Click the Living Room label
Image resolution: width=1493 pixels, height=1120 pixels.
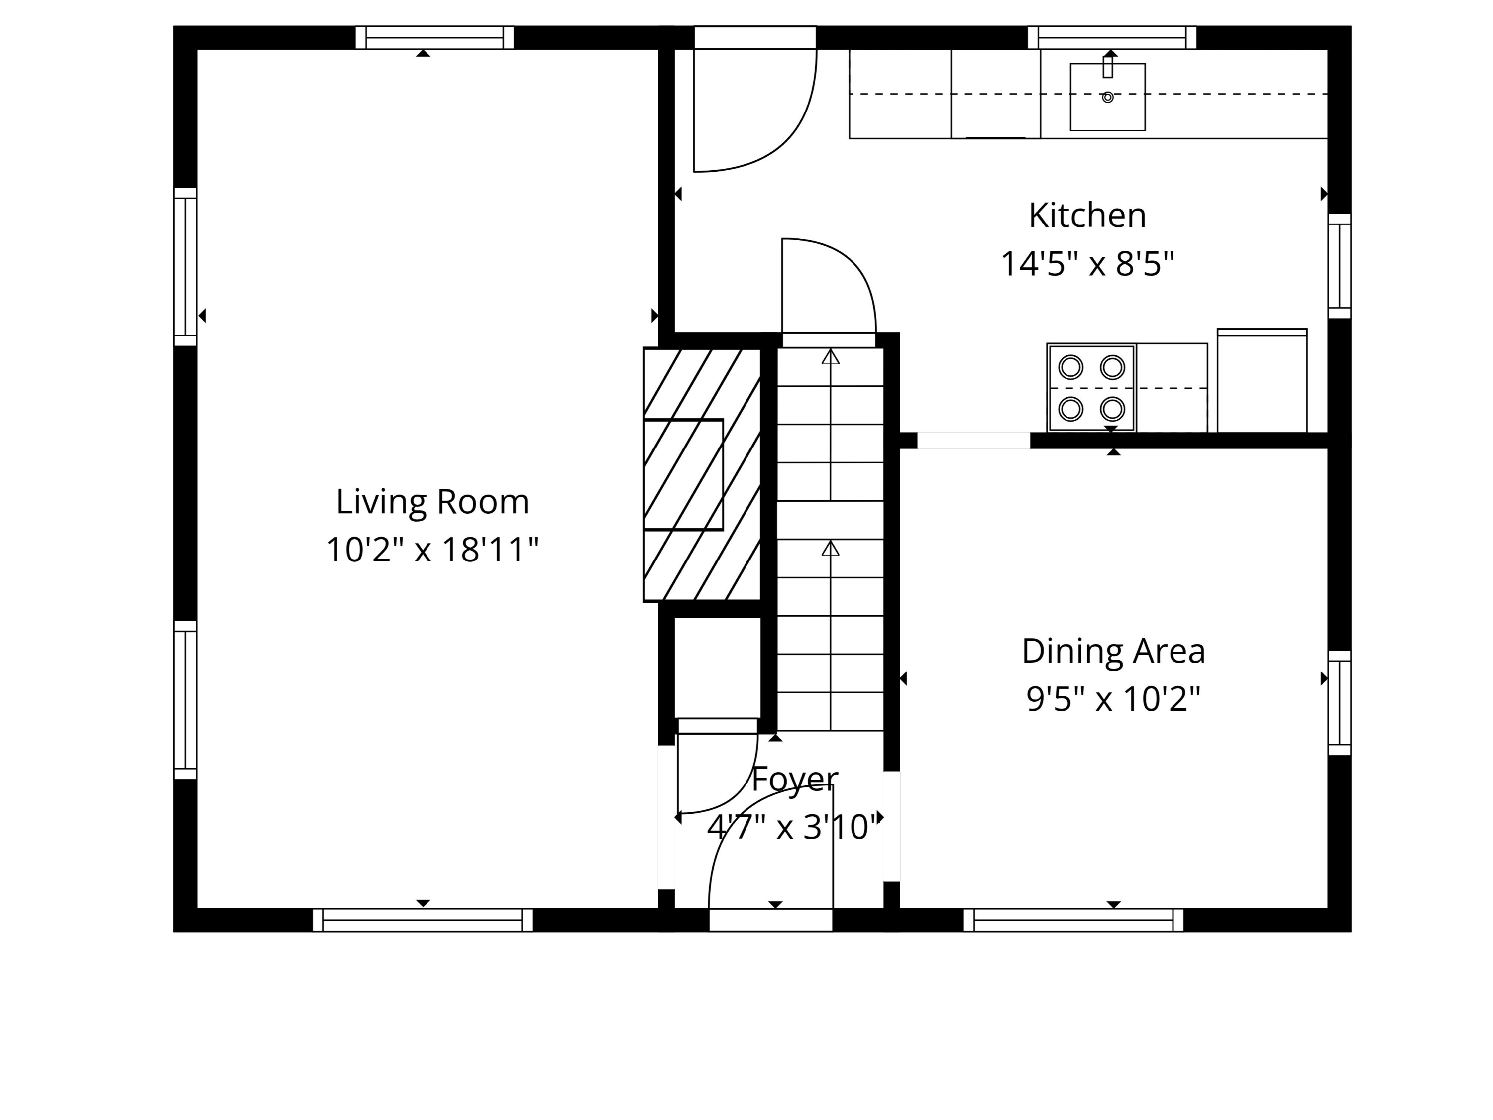432,502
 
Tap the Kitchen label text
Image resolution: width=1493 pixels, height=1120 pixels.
1087,216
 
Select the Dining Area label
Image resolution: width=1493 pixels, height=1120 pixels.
1113,651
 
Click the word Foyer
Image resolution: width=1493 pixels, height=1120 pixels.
794,780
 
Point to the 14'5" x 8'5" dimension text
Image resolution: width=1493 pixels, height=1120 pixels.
1087,263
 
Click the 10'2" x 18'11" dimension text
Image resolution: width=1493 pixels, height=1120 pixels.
432,550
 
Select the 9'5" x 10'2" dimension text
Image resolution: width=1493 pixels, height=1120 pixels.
1113,699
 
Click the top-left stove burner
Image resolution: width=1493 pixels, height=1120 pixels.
1071,367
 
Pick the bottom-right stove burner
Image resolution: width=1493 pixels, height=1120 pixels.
1112,409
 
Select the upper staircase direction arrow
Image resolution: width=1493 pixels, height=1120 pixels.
830,358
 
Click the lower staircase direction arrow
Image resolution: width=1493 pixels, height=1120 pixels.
830,549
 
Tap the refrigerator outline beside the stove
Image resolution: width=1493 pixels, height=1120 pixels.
1262,381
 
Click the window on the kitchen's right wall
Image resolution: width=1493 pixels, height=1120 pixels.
1339,266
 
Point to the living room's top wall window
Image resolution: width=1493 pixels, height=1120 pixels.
434,38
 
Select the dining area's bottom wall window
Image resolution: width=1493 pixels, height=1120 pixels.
1073,920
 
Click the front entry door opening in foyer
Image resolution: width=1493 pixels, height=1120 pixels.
770,920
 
